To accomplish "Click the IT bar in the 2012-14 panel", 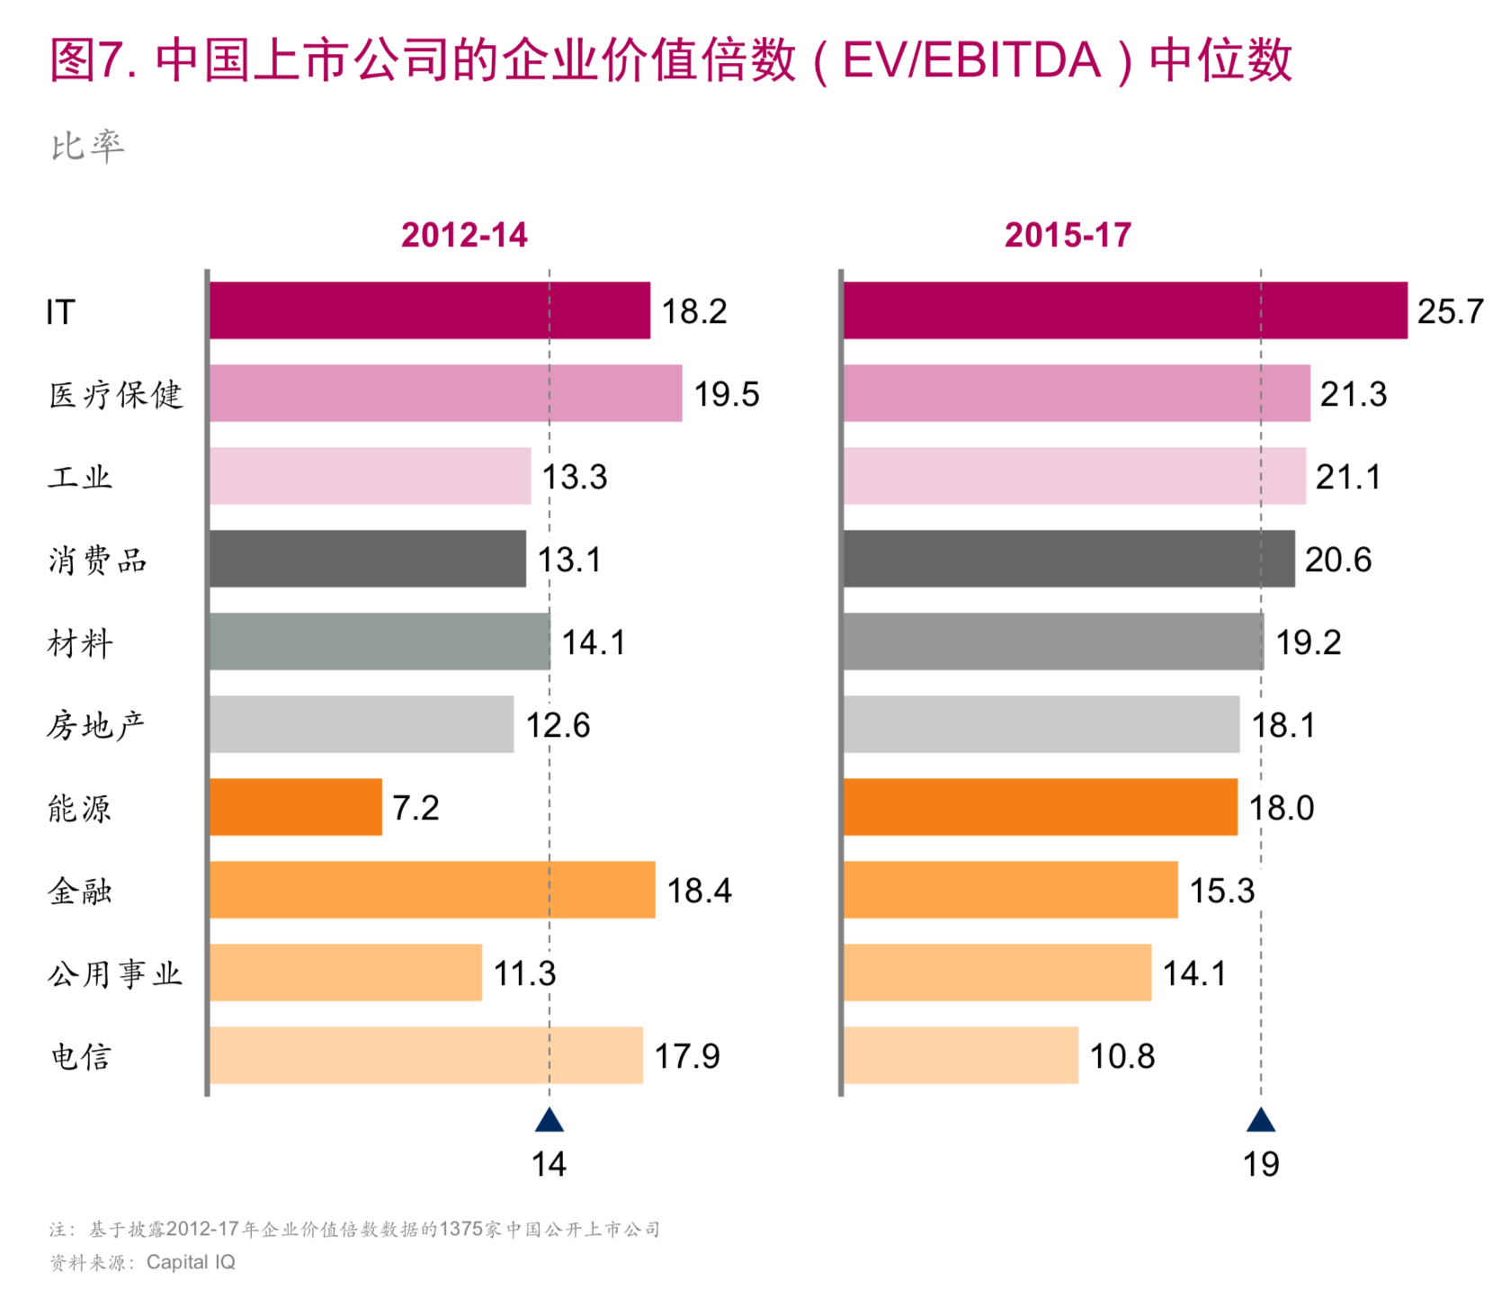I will [429, 310].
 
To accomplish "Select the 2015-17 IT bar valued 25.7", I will [1124, 310].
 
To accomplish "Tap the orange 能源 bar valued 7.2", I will [295, 807].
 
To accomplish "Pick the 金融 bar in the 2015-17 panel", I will [1009, 890].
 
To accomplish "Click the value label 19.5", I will [726, 394].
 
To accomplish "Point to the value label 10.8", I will [1122, 1056].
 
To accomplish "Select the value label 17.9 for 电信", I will [686, 1056].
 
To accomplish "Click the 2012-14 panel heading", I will [464, 236].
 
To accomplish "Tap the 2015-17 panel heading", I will [1068, 236].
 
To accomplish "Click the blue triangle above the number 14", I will [550, 1121].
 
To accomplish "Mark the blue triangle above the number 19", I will [1261, 1121].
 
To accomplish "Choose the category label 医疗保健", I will [116, 395].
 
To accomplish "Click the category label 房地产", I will [96, 725].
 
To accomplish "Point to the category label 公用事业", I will [115, 973].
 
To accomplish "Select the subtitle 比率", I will [87, 146].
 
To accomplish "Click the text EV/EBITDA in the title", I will [971, 61].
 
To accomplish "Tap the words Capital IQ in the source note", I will [191, 1262].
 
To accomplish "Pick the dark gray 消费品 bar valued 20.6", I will [1068, 559].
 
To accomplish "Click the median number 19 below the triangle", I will [1261, 1165].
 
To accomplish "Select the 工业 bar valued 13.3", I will [370, 476].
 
